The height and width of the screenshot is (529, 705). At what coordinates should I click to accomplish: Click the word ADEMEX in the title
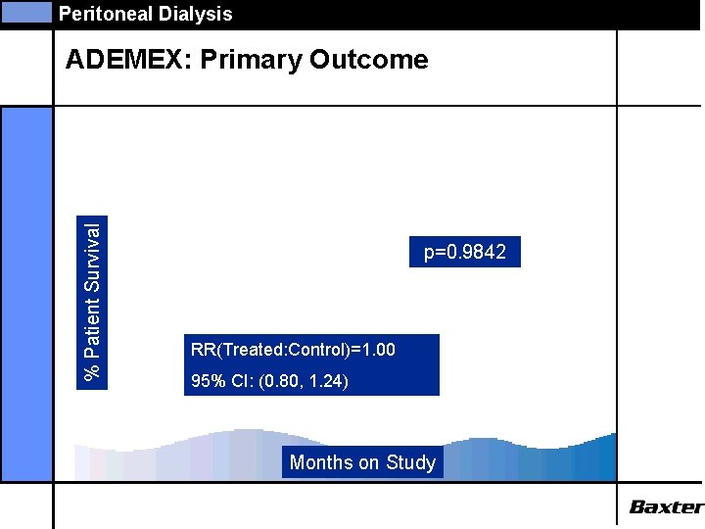[x=127, y=60]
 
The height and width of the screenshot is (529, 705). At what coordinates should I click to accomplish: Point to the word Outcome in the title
[x=369, y=60]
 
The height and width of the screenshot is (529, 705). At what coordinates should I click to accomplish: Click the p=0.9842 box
[x=465, y=253]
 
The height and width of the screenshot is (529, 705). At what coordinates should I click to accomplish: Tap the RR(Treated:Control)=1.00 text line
[x=293, y=349]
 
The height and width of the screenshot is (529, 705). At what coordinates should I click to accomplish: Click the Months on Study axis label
[x=362, y=462]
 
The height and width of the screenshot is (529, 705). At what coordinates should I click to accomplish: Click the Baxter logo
[x=666, y=506]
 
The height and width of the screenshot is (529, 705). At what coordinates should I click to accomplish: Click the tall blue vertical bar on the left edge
[x=26, y=294]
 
